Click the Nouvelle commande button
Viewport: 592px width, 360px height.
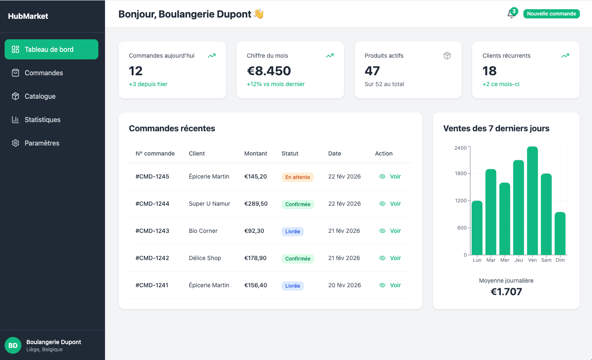[x=551, y=14]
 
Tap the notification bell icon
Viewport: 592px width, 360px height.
[x=511, y=14]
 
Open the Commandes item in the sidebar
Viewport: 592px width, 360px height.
[x=44, y=73]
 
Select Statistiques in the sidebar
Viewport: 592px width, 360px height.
[x=42, y=120]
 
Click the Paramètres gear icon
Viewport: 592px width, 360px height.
[x=15, y=143]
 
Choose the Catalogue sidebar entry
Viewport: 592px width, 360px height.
[x=40, y=96]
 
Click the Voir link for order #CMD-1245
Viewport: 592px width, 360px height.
[x=390, y=176]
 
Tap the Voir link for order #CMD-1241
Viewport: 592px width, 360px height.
[x=390, y=285]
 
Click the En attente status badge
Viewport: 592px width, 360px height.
[x=297, y=177]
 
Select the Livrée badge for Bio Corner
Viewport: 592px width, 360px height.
[x=292, y=232]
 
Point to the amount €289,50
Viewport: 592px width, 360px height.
[x=256, y=204]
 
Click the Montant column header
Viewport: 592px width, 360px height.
[x=256, y=153]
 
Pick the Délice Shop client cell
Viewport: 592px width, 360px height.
[x=205, y=258]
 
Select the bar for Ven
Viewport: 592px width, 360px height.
[x=532, y=201]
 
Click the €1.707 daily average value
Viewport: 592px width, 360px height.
[x=506, y=291]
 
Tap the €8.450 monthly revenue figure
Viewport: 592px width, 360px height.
[x=269, y=71]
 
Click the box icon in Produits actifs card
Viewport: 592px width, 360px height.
[x=447, y=56]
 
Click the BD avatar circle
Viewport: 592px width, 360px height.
[x=13, y=345]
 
